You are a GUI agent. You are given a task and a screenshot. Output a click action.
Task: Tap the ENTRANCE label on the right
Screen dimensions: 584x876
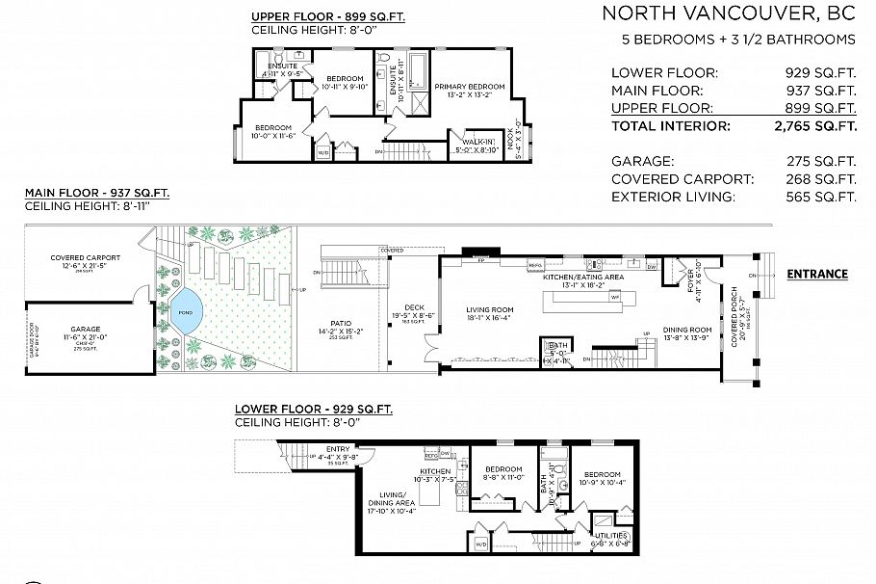tap(816, 274)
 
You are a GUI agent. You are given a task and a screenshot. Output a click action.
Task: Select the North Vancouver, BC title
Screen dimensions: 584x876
tap(728, 13)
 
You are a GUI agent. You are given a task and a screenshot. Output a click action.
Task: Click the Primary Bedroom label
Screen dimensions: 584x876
tap(469, 87)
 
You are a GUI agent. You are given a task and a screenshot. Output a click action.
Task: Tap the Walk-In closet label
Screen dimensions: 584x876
tap(469, 142)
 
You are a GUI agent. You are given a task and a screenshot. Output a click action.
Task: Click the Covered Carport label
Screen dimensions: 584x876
tap(86, 258)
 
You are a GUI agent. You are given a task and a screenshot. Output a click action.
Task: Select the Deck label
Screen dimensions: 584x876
tap(414, 307)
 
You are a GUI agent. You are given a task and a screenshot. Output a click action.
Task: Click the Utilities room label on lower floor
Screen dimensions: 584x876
tap(611, 535)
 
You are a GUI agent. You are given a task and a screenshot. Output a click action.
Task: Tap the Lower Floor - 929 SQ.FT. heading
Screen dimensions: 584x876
tap(313, 409)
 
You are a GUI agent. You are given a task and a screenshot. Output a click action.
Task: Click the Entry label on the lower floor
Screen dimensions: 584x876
tap(338, 449)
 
